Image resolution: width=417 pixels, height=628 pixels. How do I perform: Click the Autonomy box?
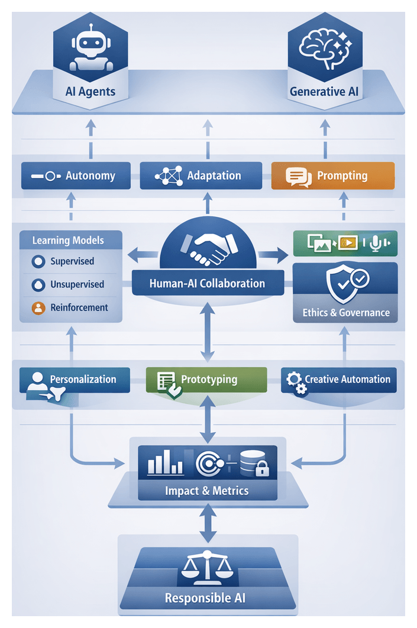coord(76,176)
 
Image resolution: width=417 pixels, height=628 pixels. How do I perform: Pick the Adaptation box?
coord(201,176)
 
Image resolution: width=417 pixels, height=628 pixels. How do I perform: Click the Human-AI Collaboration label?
coord(207,283)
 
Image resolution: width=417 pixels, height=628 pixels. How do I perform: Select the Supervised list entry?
coord(72,261)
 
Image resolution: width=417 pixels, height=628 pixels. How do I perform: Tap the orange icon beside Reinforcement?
coord(38,307)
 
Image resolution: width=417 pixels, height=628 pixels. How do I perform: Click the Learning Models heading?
coord(68,241)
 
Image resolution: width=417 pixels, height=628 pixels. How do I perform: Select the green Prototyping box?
coord(206,380)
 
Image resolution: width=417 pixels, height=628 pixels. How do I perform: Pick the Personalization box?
coord(75,380)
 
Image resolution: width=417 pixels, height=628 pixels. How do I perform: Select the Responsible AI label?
coord(205,598)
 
